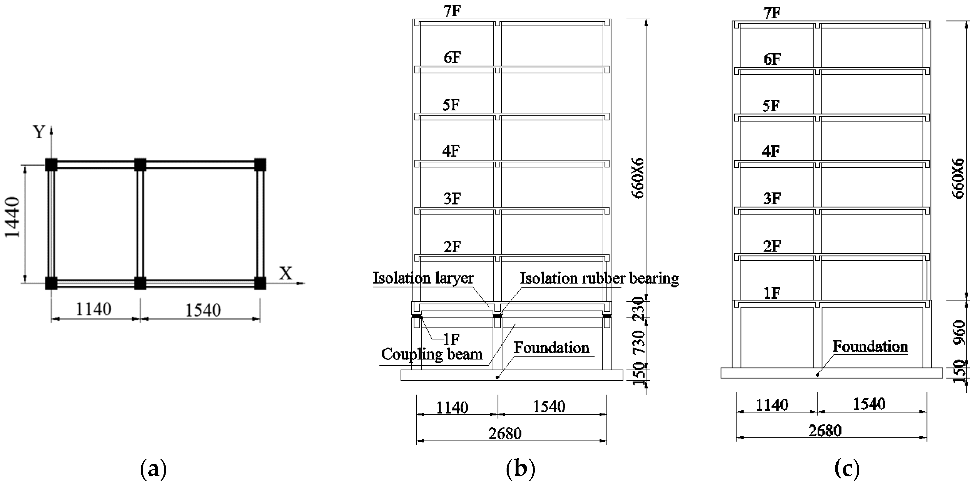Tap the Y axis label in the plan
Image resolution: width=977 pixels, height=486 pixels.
[x=39, y=132]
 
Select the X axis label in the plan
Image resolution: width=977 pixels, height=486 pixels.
[x=286, y=273]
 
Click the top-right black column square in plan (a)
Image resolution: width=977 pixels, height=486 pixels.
[x=260, y=165]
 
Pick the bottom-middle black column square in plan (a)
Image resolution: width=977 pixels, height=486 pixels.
[x=140, y=283]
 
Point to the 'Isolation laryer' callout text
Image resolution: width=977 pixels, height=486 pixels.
[x=423, y=278]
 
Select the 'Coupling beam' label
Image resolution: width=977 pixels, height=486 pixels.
[x=432, y=354]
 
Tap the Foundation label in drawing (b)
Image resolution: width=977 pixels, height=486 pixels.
[x=551, y=348]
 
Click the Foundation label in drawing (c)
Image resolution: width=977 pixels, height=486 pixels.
[x=870, y=346]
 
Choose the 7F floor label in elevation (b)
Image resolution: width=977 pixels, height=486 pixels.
[x=452, y=11]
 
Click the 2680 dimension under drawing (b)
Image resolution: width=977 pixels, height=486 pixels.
[x=505, y=433]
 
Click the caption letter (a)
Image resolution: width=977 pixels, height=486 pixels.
[x=153, y=470]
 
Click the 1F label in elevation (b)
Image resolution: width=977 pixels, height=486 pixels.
[x=451, y=339]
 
